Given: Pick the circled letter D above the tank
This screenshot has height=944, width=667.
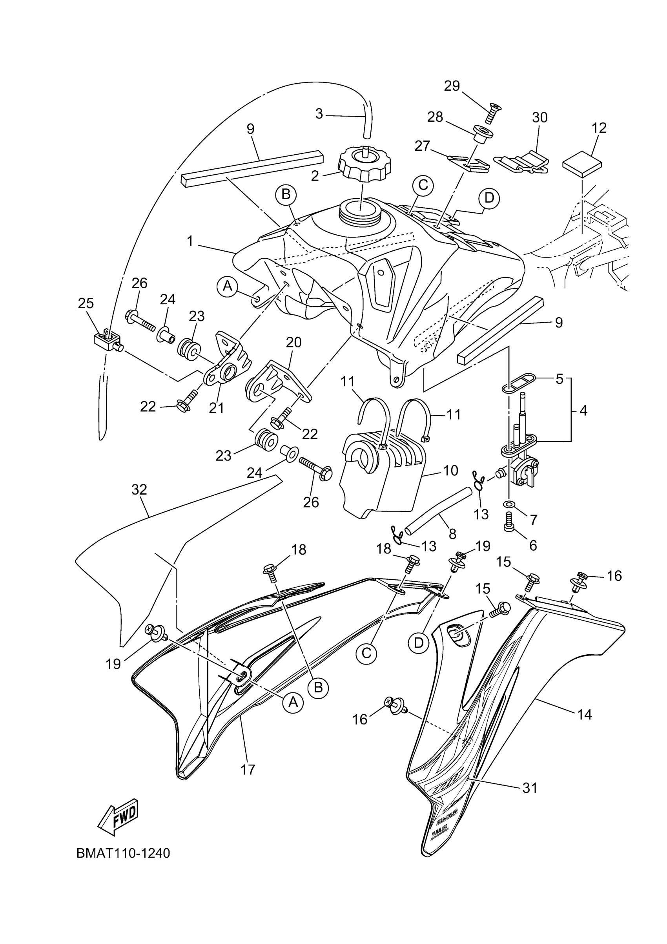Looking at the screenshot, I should click(x=488, y=198).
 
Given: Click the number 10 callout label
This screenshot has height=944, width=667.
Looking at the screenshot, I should click(x=451, y=470).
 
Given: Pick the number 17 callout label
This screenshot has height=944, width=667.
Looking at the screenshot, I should click(x=248, y=769).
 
